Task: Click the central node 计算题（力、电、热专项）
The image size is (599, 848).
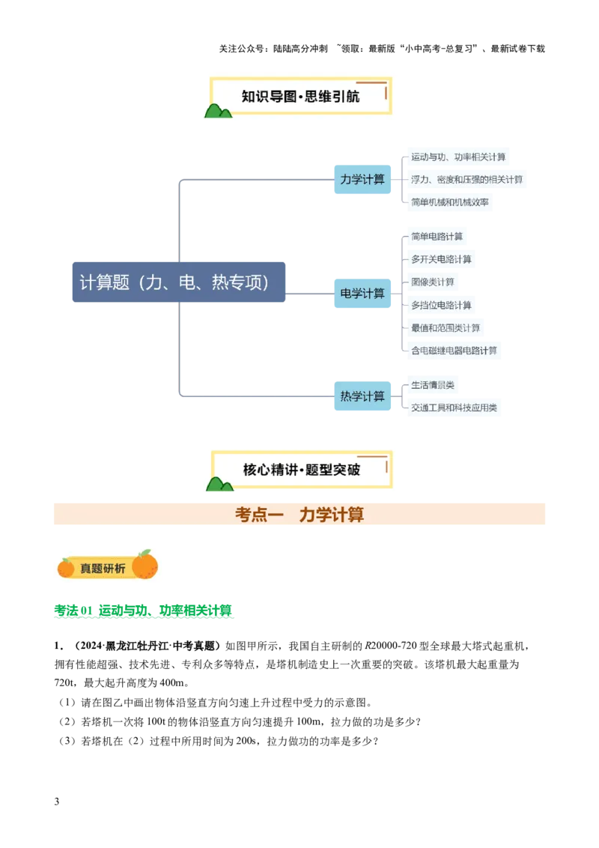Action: coord(180,282)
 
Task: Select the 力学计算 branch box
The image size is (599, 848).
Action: coord(362,180)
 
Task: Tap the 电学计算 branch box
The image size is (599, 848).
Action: coord(362,293)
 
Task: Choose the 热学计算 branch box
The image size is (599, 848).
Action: coord(362,396)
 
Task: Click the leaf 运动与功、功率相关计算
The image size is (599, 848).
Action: coord(458,157)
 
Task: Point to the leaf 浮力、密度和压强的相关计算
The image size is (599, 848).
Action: coord(466,180)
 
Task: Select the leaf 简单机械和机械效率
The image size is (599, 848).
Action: coord(450,202)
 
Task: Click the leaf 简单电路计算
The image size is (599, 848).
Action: coord(437,237)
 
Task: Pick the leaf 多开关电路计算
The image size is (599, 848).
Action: coord(441,259)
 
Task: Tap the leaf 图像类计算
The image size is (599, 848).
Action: coord(433,282)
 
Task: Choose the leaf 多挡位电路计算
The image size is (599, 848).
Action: coord(441,305)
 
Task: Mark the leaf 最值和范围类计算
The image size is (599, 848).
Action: coord(446,328)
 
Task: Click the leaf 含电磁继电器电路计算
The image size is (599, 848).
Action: coord(454,351)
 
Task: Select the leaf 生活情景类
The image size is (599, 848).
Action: coord(433,386)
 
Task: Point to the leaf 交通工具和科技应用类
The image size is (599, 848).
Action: coord(454,408)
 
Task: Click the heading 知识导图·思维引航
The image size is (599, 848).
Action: coord(299,97)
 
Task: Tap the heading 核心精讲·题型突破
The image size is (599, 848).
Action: coord(301,470)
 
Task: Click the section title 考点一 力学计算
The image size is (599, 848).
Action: coord(299,515)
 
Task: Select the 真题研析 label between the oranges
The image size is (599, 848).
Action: coord(103,569)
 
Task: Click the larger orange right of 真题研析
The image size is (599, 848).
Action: coord(145,565)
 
